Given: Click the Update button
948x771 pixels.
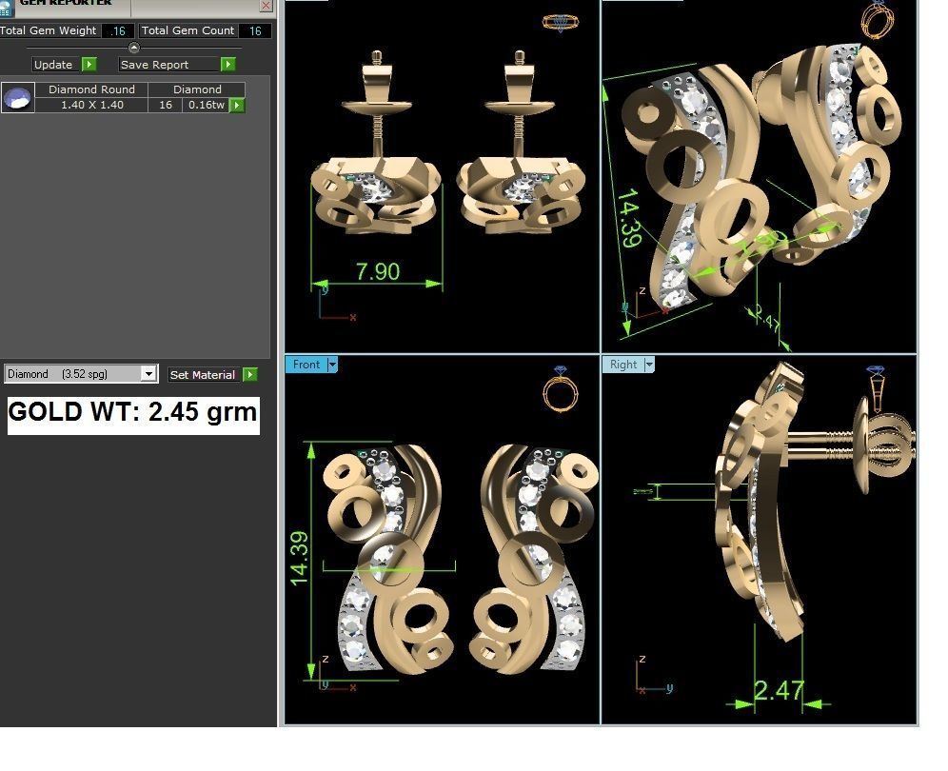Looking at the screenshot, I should pyautogui.click(x=53, y=65).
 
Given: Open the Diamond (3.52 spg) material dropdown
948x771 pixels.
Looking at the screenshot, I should pyautogui.click(x=148, y=374).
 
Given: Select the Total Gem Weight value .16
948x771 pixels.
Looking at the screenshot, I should pyautogui.click(x=118, y=31).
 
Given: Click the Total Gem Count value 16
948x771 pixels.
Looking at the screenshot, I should pyautogui.click(x=255, y=31).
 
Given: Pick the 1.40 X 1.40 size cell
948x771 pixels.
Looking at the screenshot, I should pyautogui.click(x=91, y=105).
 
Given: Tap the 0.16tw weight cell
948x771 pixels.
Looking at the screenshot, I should pyautogui.click(x=206, y=105).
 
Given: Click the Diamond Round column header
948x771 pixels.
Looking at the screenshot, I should pyautogui.click(x=91, y=89).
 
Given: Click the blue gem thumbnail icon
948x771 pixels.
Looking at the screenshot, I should pyautogui.click(x=18, y=97).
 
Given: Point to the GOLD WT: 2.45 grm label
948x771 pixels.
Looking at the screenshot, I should pyautogui.click(x=133, y=413).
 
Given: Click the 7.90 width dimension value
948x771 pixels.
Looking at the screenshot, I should pyautogui.click(x=378, y=271).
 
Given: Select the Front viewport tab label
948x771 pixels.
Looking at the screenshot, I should pyautogui.click(x=306, y=365).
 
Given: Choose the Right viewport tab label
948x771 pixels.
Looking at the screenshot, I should pyautogui.click(x=623, y=365).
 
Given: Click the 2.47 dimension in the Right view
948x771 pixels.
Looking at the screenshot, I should pyautogui.click(x=780, y=690).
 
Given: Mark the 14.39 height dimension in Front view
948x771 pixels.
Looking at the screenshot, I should pyautogui.click(x=300, y=558).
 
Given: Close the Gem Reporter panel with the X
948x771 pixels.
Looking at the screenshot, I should pyautogui.click(x=266, y=6).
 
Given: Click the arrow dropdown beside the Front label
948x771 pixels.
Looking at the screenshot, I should pyautogui.click(x=332, y=365).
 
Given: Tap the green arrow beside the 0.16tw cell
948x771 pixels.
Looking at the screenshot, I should pyautogui.click(x=237, y=105).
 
